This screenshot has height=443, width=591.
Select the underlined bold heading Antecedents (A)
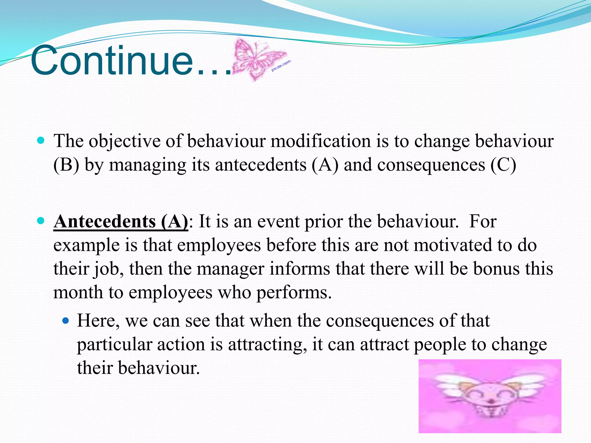coord(121,222)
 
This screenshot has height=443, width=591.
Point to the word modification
coord(320,141)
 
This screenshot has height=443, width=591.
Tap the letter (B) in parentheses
coord(66,165)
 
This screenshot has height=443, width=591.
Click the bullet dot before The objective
coord(41,141)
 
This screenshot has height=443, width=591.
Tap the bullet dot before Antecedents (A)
coord(41,221)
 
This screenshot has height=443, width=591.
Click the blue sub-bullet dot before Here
coord(66,320)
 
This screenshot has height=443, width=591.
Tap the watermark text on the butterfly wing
coord(281,66)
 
